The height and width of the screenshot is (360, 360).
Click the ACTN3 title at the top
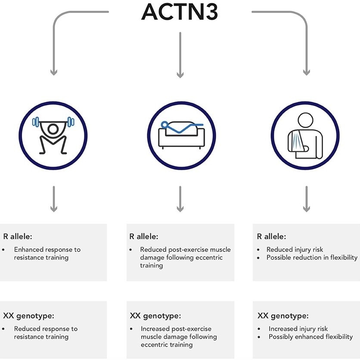(x=180, y=12)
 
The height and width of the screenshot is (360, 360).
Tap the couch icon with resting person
(x=180, y=135)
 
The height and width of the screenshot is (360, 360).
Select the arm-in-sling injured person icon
(x=306, y=135)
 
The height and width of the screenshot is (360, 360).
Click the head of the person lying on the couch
(x=163, y=125)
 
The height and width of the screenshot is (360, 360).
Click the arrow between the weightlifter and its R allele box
(x=54, y=199)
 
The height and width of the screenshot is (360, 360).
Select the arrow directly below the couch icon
(x=180, y=199)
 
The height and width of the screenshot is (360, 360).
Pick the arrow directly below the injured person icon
(x=306, y=199)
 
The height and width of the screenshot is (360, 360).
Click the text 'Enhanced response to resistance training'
(x=47, y=254)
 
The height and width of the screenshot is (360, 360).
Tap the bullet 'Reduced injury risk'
(x=295, y=249)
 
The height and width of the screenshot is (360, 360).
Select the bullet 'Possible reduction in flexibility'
(x=312, y=258)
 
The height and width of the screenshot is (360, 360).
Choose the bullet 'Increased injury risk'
(x=298, y=329)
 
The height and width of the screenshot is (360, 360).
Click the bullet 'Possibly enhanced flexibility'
(x=310, y=337)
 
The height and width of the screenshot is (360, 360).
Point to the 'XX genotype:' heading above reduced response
(x=28, y=316)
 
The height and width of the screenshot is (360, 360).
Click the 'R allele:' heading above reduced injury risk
(x=272, y=236)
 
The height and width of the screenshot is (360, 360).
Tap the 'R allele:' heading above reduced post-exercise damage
(x=144, y=236)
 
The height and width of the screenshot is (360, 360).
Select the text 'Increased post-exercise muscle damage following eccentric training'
(x=178, y=337)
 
